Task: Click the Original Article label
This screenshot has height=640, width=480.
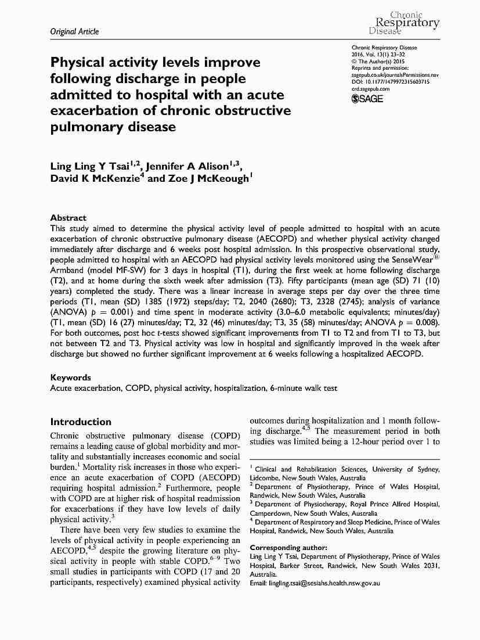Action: tap(74, 31)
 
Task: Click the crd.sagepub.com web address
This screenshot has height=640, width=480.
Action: tap(371, 89)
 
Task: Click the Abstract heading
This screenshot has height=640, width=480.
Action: tap(68, 218)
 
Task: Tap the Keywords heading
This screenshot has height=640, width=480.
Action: tap(70, 377)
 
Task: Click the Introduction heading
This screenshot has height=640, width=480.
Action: tap(81, 422)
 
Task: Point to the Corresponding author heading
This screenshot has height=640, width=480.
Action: tap(288, 548)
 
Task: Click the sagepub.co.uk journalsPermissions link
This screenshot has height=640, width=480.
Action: tap(395, 75)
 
